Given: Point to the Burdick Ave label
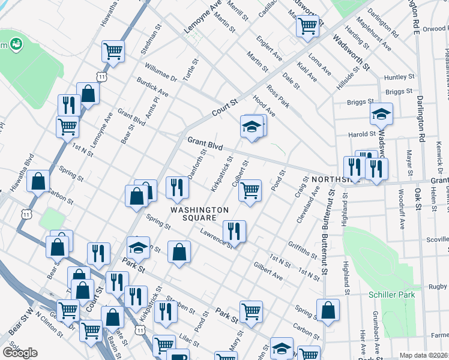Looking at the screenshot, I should click(152, 87).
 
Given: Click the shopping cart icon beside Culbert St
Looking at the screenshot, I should click(250, 191).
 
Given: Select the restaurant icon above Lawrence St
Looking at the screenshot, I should click(234, 231).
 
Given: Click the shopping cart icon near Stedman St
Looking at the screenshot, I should click(113, 51).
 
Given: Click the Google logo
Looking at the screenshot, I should click(20, 353).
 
